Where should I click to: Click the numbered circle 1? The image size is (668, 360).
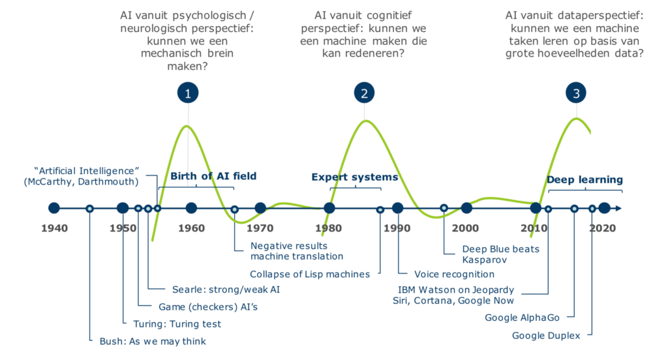pyautogui.click(x=188, y=93)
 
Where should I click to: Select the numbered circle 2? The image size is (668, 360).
pyautogui.click(x=364, y=93)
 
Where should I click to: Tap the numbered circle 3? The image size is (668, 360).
pyautogui.click(x=576, y=93)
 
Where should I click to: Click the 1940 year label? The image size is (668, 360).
pyautogui.click(x=54, y=228)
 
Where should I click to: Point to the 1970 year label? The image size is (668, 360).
pyautogui.click(x=260, y=228)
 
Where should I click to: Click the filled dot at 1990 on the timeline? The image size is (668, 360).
pyautogui.click(x=398, y=209)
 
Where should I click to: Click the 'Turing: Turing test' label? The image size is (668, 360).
pyautogui.click(x=177, y=323)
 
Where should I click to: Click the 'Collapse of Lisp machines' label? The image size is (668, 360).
pyautogui.click(x=310, y=274)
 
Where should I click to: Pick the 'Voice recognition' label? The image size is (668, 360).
pyautogui.click(x=455, y=274)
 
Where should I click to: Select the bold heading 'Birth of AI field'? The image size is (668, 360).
pyautogui.click(x=213, y=176)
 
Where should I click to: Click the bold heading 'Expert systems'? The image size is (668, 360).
pyautogui.click(x=354, y=177)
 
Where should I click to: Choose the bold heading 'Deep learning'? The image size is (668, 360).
pyautogui.click(x=584, y=179)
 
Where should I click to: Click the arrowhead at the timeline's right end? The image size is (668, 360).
pyautogui.click(x=617, y=209)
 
